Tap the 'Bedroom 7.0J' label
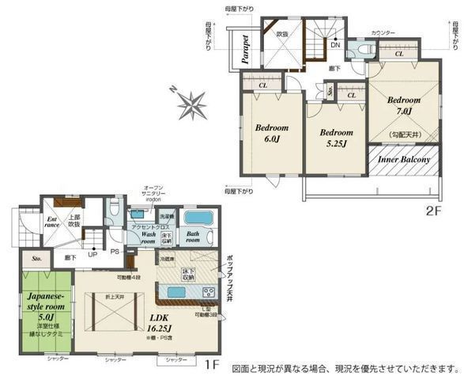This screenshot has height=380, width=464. click(403, 107)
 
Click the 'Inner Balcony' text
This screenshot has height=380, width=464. click(403, 160)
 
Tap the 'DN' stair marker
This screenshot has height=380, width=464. click(335, 45)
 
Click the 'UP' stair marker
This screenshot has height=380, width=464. click(92, 255)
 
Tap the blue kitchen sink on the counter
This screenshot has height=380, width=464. click(176, 291)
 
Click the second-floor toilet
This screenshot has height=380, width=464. click(364, 49)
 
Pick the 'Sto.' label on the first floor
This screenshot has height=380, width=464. click(36, 257)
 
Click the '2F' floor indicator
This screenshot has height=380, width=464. click(431, 211)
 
